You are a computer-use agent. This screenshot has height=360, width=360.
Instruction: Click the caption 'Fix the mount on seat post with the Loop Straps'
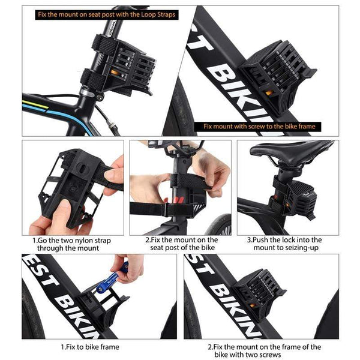point(106,14)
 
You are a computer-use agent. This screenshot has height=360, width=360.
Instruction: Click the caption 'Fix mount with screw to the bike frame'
point(259,127)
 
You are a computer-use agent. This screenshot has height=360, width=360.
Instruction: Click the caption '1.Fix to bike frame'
point(90,347)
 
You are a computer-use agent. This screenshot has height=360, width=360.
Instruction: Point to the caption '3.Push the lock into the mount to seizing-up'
point(287,243)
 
